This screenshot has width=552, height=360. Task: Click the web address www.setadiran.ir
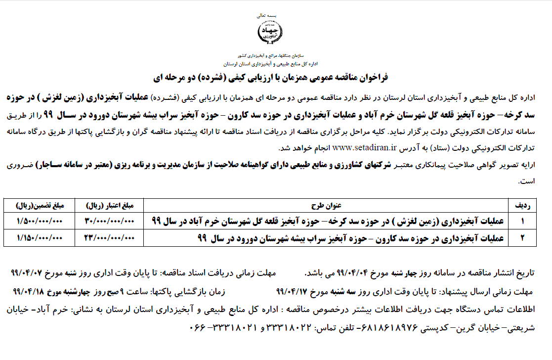click(x=365, y=147)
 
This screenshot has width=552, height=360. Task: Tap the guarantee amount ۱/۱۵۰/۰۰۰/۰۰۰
click(x=39, y=238)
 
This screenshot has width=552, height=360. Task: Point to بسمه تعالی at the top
click(x=270, y=15)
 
